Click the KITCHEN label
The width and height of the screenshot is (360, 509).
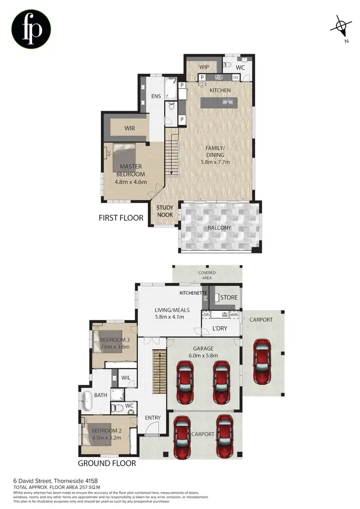(x=220, y=90)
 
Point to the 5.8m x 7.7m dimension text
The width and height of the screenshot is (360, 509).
(x=215, y=162)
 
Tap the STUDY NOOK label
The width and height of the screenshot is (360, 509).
(x=165, y=211)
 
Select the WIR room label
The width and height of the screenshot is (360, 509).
(x=130, y=128)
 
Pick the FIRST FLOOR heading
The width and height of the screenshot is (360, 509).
(x=121, y=218)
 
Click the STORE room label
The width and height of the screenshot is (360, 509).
(x=228, y=297)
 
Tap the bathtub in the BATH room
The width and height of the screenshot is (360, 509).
(x=87, y=400)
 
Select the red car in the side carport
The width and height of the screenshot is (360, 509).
(x=262, y=356)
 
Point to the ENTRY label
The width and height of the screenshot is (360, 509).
(x=153, y=418)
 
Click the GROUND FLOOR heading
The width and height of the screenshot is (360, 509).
(x=107, y=463)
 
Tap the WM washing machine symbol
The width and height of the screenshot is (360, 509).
(x=234, y=315)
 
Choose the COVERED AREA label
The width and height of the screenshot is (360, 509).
(x=207, y=276)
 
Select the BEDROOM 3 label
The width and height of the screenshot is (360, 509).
(x=113, y=339)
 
